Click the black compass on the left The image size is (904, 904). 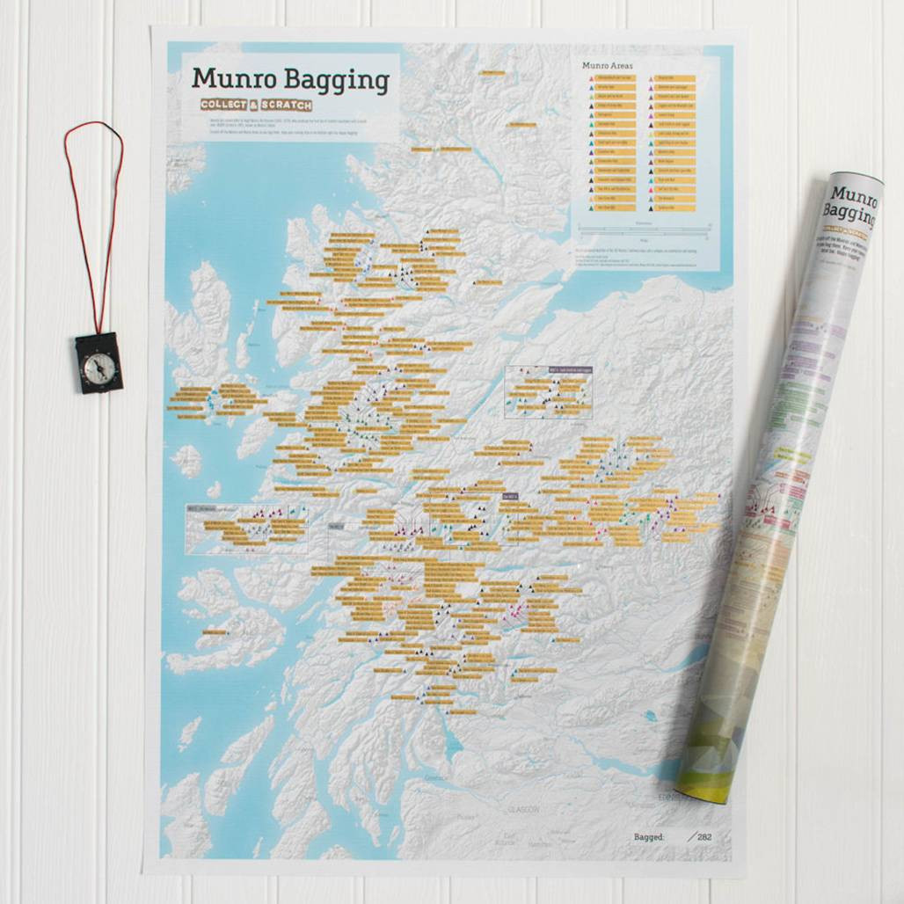(98, 361)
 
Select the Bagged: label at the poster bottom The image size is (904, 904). (649, 836)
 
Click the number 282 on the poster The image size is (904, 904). (704, 836)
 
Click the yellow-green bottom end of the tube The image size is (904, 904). (704, 774)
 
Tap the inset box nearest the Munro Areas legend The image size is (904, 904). (548, 391)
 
